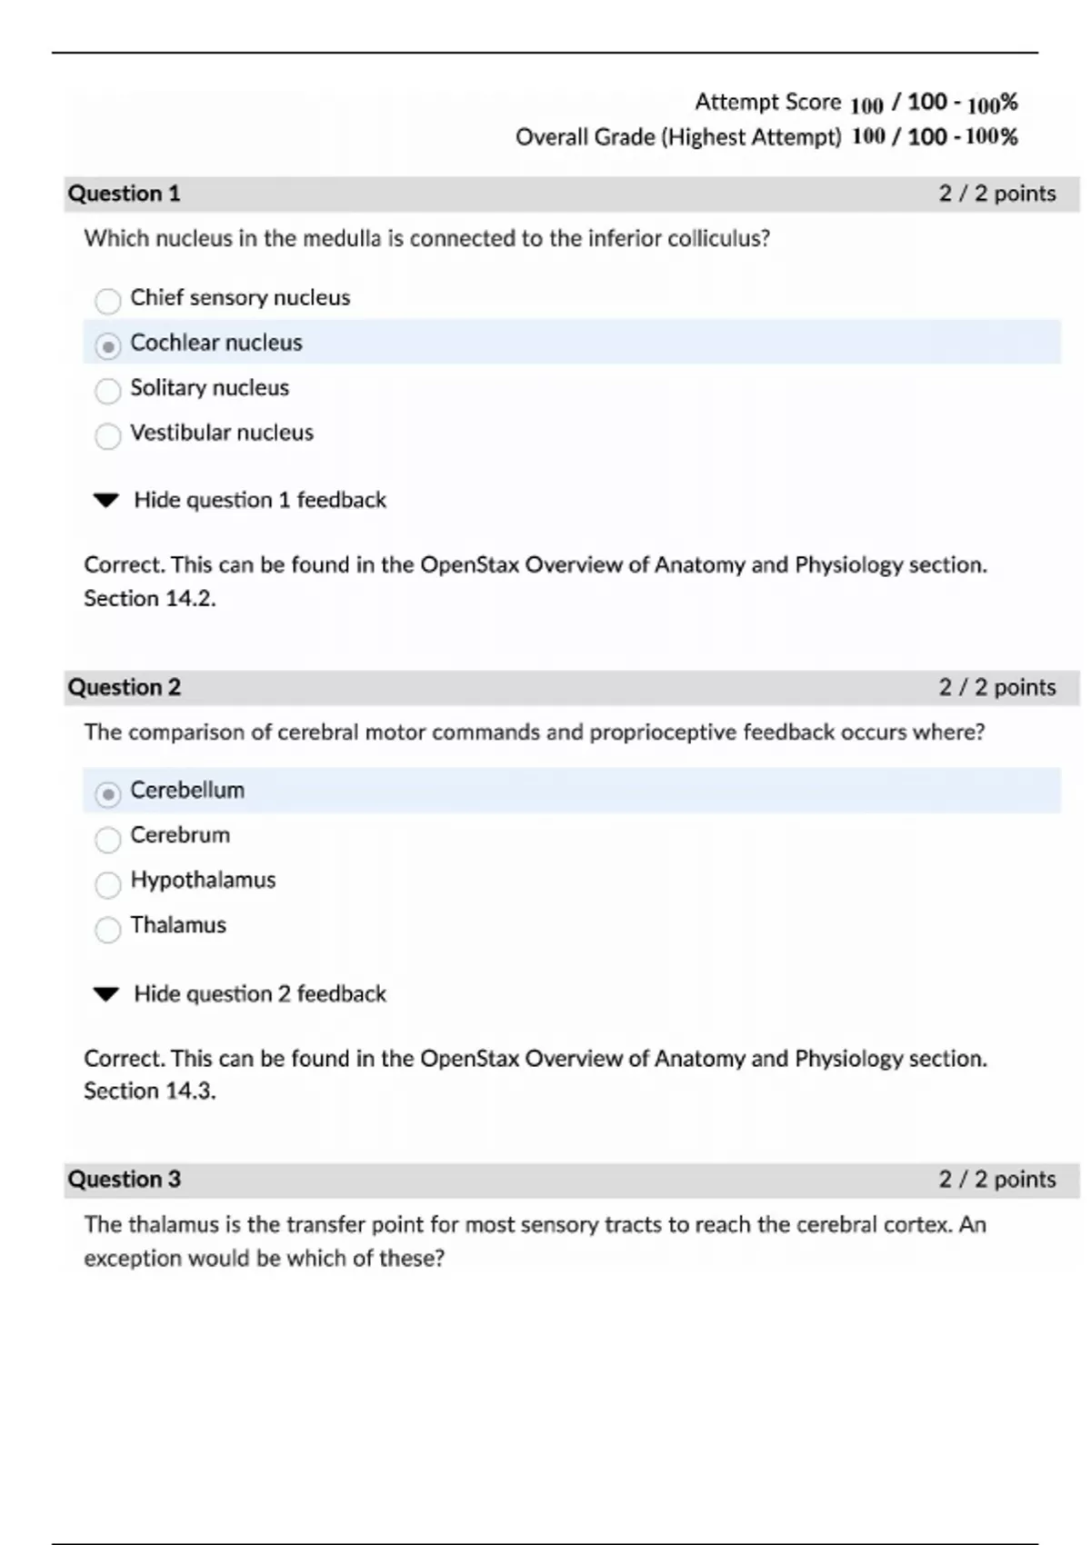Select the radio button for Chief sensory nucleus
point(107,300)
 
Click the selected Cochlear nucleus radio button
point(107,345)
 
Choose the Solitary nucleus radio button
point(107,391)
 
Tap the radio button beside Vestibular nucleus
point(107,435)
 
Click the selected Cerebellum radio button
point(107,793)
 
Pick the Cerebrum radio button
point(107,838)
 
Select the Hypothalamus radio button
point(107,883)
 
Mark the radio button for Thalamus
point(107,928)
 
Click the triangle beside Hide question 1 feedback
point(106,500)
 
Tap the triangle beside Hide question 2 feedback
point(106,993)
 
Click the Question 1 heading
point(124,194)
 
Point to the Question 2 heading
point(124,687)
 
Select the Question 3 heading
point(124,1180)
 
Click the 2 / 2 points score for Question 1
point(996,194)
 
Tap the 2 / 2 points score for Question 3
point(996,1180)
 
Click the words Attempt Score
point(767,102)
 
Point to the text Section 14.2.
point(149,599)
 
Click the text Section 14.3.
point(149,1091)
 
